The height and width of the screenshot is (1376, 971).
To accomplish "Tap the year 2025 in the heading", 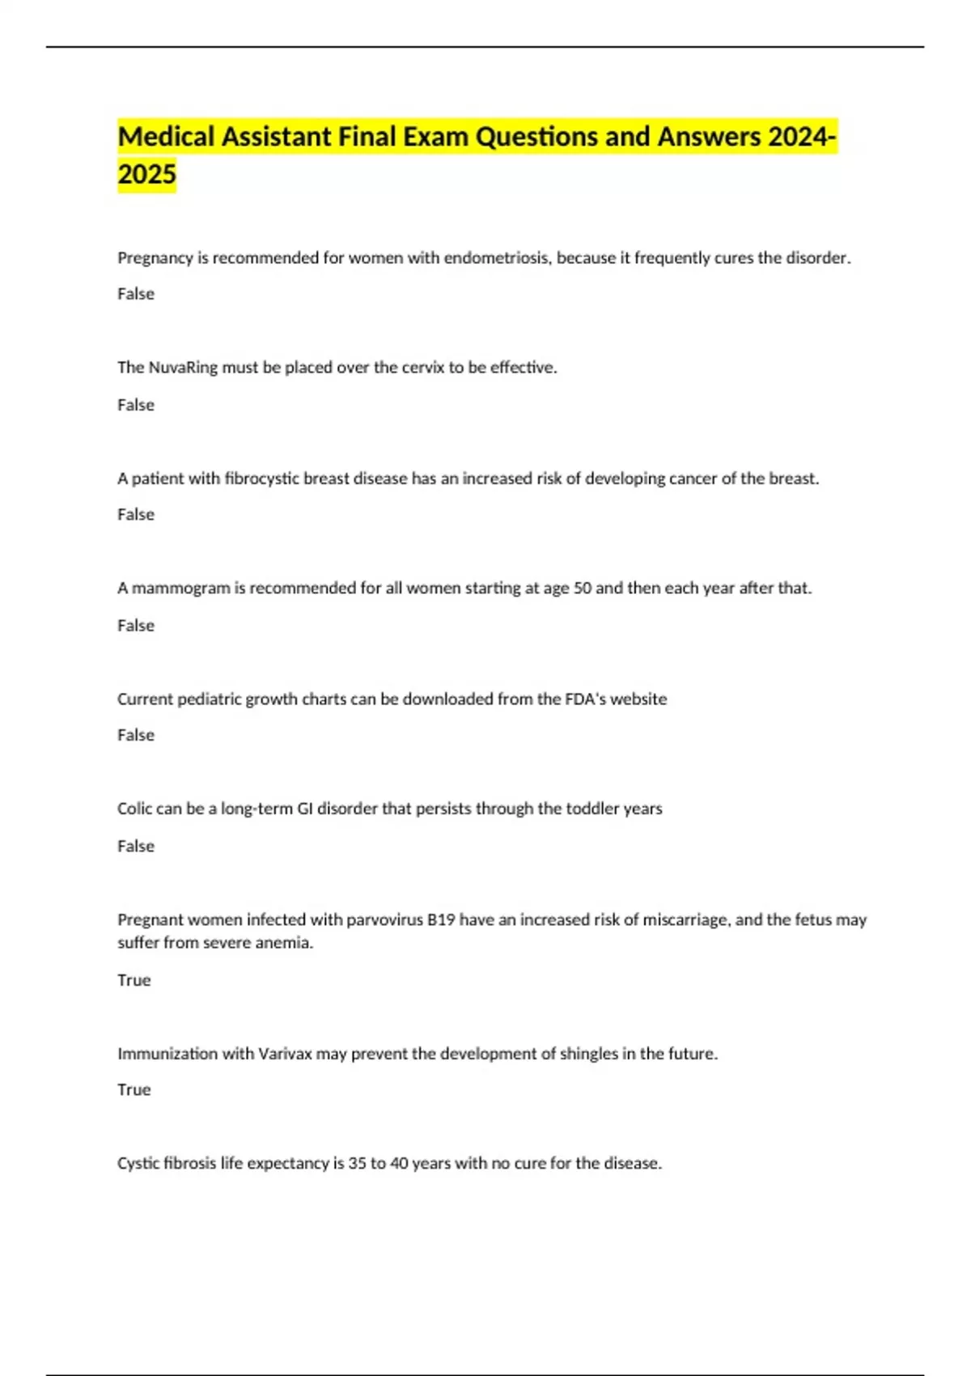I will pos(146,174).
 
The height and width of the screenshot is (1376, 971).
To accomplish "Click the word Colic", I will pos(134,809).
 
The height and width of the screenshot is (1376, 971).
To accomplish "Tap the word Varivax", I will pos(285,1054).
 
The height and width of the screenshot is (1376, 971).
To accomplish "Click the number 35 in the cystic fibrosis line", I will pos(357,1163).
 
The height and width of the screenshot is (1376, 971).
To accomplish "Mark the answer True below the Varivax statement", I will pos(134,1089).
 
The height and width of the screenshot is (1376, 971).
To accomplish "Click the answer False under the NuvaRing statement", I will pos(135,405).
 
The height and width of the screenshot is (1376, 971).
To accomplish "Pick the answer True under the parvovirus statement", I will pos(134,980).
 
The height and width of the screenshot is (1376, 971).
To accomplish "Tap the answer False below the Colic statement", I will pos(135,846).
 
